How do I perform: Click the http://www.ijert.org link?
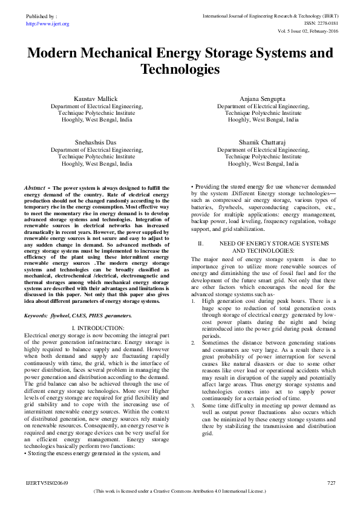47,24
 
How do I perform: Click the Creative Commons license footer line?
180,492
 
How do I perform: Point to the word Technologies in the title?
180,70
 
